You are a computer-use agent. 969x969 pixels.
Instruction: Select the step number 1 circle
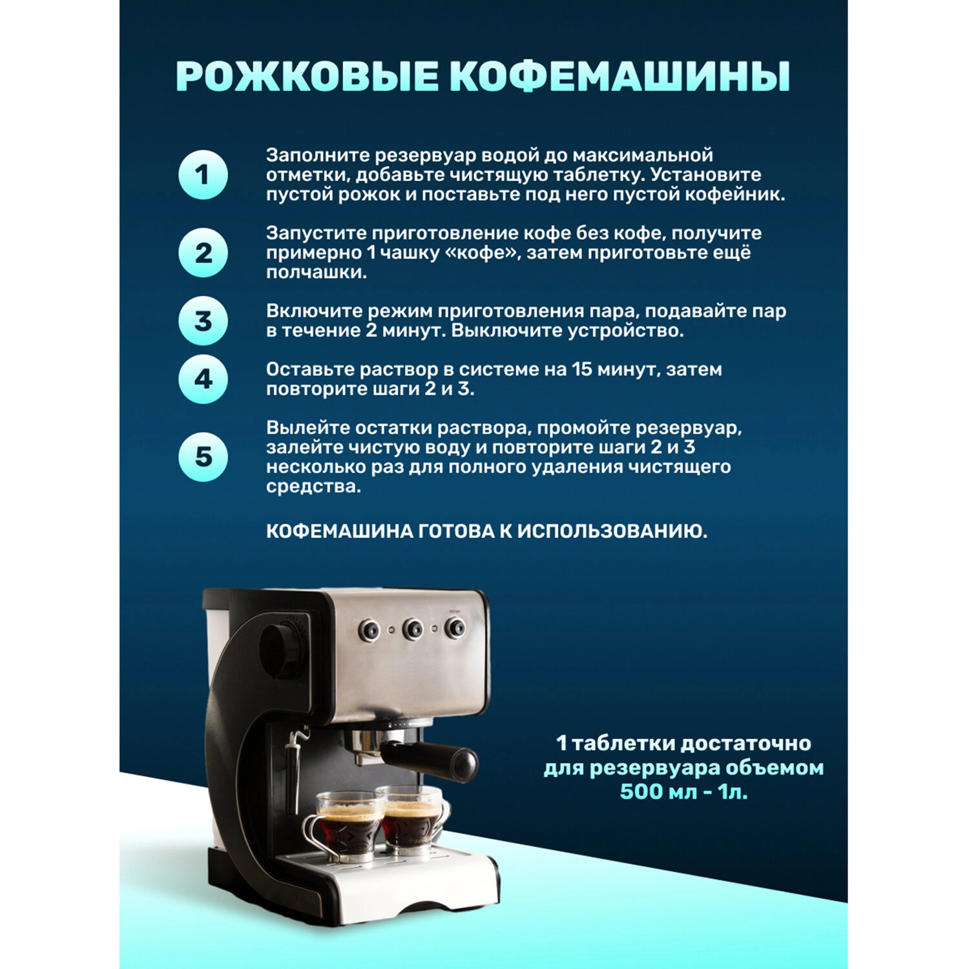(203, 174)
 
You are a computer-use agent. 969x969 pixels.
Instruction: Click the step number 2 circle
(203, 253)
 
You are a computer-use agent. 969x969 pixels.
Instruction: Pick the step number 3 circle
(203, 320)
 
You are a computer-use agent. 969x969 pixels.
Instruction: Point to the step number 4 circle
(203, 379)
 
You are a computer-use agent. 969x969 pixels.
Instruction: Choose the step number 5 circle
(203, 457)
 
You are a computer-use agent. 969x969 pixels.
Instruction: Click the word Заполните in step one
(318, 156)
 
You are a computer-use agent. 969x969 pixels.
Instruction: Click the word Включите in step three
(314, 311)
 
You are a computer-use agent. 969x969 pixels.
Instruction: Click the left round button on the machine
(370, 629)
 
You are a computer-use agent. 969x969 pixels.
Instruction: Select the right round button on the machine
(456, 626)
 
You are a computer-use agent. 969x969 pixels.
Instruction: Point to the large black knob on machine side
(282, 649)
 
